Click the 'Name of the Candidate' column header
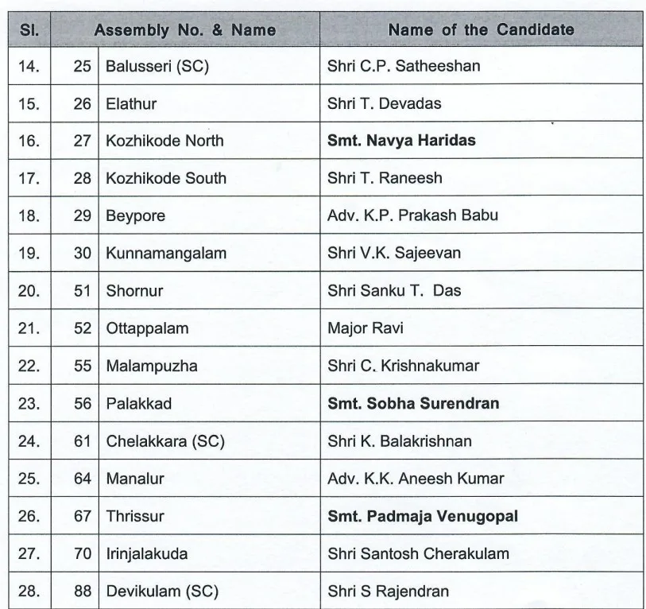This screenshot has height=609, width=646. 481,30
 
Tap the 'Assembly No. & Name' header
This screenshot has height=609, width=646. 185,30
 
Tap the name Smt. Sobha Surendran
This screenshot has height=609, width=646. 413,404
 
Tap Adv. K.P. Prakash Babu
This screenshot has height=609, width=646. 401,215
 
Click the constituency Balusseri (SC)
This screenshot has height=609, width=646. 157,66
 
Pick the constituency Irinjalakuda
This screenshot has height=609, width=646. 147,554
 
